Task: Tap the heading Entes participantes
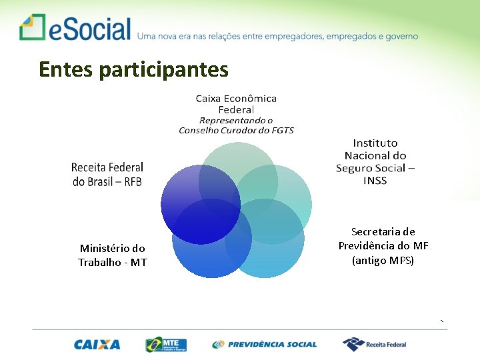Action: (133, 69)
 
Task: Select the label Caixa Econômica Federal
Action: (236, 103)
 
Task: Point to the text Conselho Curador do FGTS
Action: (236, 130)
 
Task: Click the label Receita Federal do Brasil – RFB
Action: (107, 174)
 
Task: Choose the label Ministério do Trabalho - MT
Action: (112, 255)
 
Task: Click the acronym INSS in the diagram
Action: (375, 181)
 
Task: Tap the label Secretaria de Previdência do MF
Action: (383, 239)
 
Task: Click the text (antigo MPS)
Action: (383, 260)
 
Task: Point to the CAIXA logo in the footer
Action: (97, 345)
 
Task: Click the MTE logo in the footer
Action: (166, 344)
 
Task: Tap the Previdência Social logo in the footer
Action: (265, 345)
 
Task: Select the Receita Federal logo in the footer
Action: (374, 344)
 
